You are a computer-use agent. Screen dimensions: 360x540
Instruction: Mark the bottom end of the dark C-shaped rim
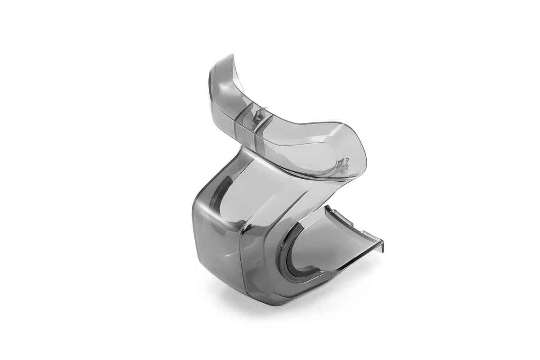(x=315, y=278)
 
